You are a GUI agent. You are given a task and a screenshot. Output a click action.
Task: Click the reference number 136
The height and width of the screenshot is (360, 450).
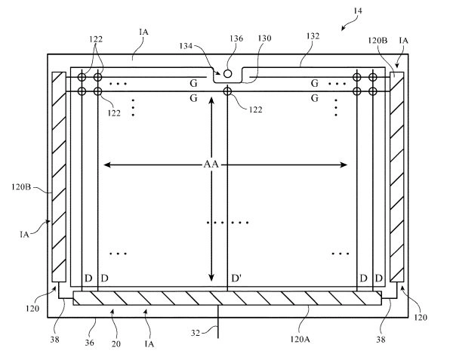click(236, 38)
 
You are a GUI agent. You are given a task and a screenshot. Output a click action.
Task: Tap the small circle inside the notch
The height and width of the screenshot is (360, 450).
click(227, 74)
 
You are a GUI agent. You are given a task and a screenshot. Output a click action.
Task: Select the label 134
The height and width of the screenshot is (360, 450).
click(186, 46)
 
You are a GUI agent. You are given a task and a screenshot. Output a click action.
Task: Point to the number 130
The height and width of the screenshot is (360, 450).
click(264, 38)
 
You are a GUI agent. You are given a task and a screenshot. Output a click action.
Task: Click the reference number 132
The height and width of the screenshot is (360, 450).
click(313, 36)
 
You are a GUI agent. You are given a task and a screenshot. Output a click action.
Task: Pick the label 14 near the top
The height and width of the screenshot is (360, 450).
click(358, 11)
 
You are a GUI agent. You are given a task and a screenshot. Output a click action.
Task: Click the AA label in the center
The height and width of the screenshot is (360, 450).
click(211, 165)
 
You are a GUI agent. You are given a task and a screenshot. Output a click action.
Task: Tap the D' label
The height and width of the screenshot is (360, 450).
click(236, 278)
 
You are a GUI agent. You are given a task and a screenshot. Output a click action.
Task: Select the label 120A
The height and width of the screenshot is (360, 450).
click(300, 340)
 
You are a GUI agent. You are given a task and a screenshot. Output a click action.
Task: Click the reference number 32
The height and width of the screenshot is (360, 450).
click(196, 333)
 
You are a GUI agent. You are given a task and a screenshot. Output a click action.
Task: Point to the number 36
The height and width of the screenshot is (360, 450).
click(89, 343)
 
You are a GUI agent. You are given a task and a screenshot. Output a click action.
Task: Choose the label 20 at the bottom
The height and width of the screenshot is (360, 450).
click(116, 344)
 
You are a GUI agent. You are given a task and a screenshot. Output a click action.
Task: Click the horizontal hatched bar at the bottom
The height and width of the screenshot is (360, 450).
click(227, 298)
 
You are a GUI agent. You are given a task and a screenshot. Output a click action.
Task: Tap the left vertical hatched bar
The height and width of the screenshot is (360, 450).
click(59, 177)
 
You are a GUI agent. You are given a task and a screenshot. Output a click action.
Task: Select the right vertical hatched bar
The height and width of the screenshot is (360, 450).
click(397, 177)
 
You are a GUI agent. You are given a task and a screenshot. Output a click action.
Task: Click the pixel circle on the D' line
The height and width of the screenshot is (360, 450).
click(227, 91)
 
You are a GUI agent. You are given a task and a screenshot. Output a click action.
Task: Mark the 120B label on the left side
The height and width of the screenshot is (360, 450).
click(21, 187)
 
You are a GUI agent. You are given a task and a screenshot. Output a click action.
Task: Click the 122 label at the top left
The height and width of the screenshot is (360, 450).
click(96, 39)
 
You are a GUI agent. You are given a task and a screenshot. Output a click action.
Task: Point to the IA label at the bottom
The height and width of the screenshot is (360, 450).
click(149, 344)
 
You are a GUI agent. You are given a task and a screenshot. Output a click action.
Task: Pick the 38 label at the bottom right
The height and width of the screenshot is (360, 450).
click(381, 340)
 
